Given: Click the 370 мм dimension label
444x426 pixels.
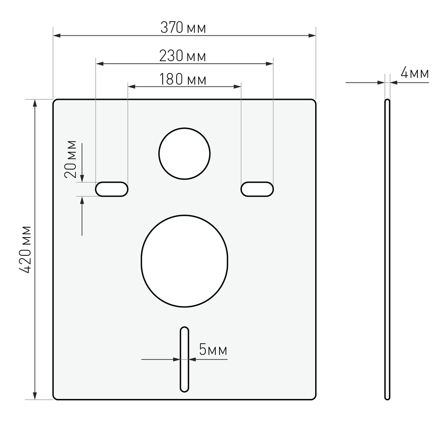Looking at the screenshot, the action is point(183,28).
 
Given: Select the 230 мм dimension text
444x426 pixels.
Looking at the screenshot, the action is point(183,56).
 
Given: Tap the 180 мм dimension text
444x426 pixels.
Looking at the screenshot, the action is point(183,79).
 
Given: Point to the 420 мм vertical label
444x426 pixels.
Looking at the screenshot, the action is point(25,250).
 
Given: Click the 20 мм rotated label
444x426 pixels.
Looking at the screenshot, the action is point(71,159).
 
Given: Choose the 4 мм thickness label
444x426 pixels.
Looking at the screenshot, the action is point(414,73).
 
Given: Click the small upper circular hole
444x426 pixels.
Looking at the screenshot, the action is point(184,128).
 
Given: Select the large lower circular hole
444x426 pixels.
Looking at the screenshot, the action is point(184,215).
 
